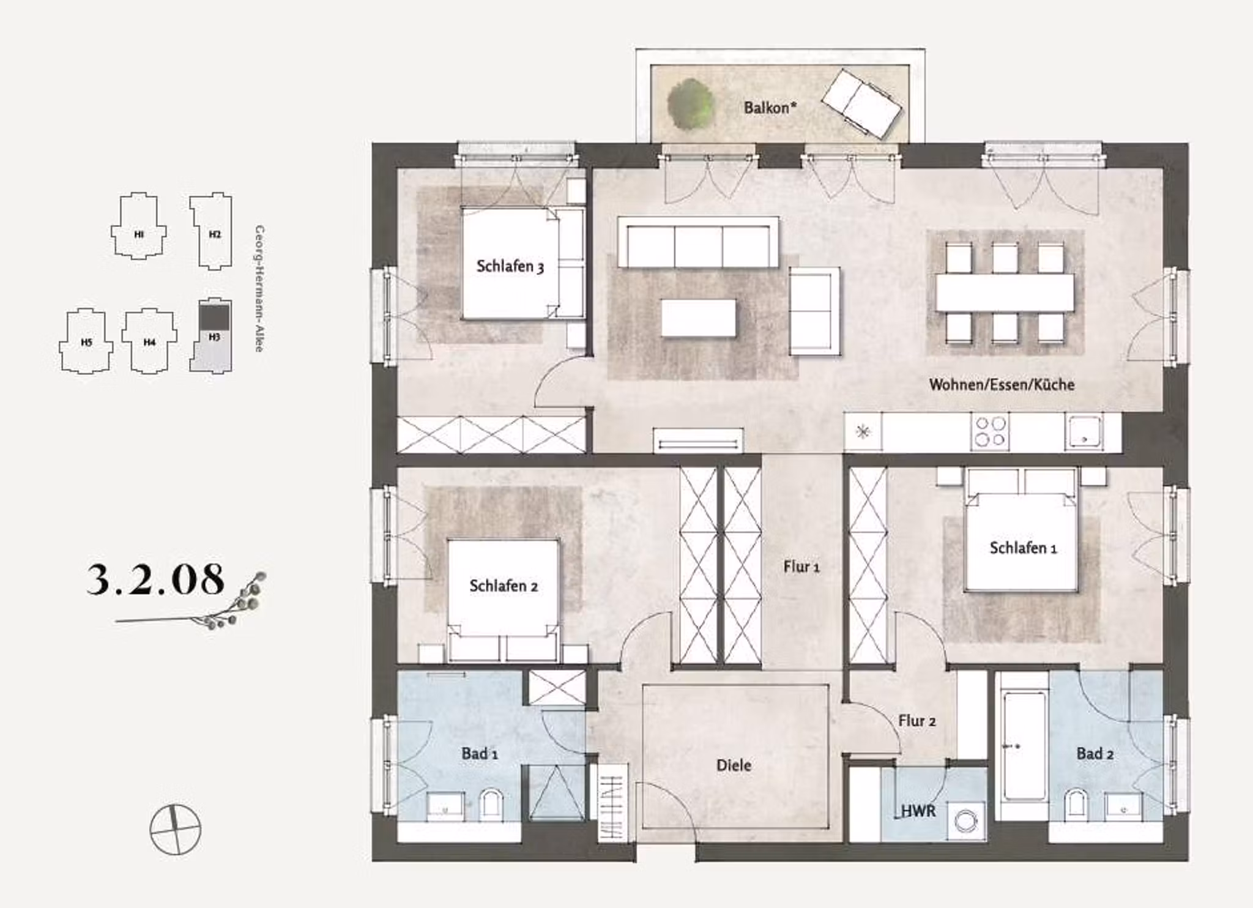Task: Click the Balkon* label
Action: [770, 108]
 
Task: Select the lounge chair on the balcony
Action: [861, 103]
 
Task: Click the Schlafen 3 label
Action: [510, 266]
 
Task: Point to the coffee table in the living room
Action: [698, 318]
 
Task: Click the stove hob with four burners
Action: [990, 431]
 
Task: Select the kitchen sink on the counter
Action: [1084, 431]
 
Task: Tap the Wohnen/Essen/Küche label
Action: [1002, 384]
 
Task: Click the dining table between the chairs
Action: [1004, 292]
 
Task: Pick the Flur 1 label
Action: [801, 567]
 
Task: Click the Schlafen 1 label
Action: [1023, 548]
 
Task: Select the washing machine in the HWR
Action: [965, 821]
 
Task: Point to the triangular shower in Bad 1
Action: [556, 793]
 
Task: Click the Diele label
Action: [734, 765]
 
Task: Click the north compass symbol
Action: [176, 830]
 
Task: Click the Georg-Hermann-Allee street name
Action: [259, 288]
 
